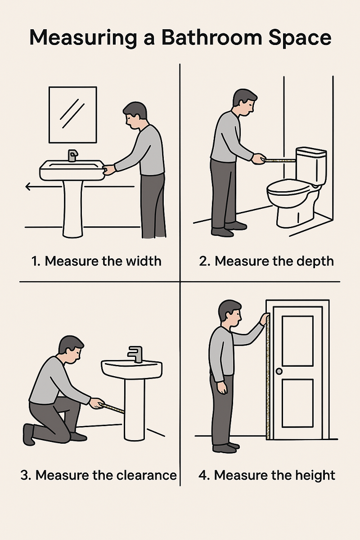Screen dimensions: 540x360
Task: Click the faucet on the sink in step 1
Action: pos(72,156)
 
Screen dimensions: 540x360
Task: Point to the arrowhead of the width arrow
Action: pos(28,186)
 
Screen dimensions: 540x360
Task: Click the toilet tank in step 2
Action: pos(310,164)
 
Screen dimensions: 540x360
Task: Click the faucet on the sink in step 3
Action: pos(135,353)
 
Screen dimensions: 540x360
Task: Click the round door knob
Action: pos(279,371)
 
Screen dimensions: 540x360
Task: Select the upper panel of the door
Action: pos(297,341)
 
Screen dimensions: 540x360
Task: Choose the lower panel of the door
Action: pos(297,403)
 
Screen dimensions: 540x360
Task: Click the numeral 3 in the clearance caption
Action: pos(25,475)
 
